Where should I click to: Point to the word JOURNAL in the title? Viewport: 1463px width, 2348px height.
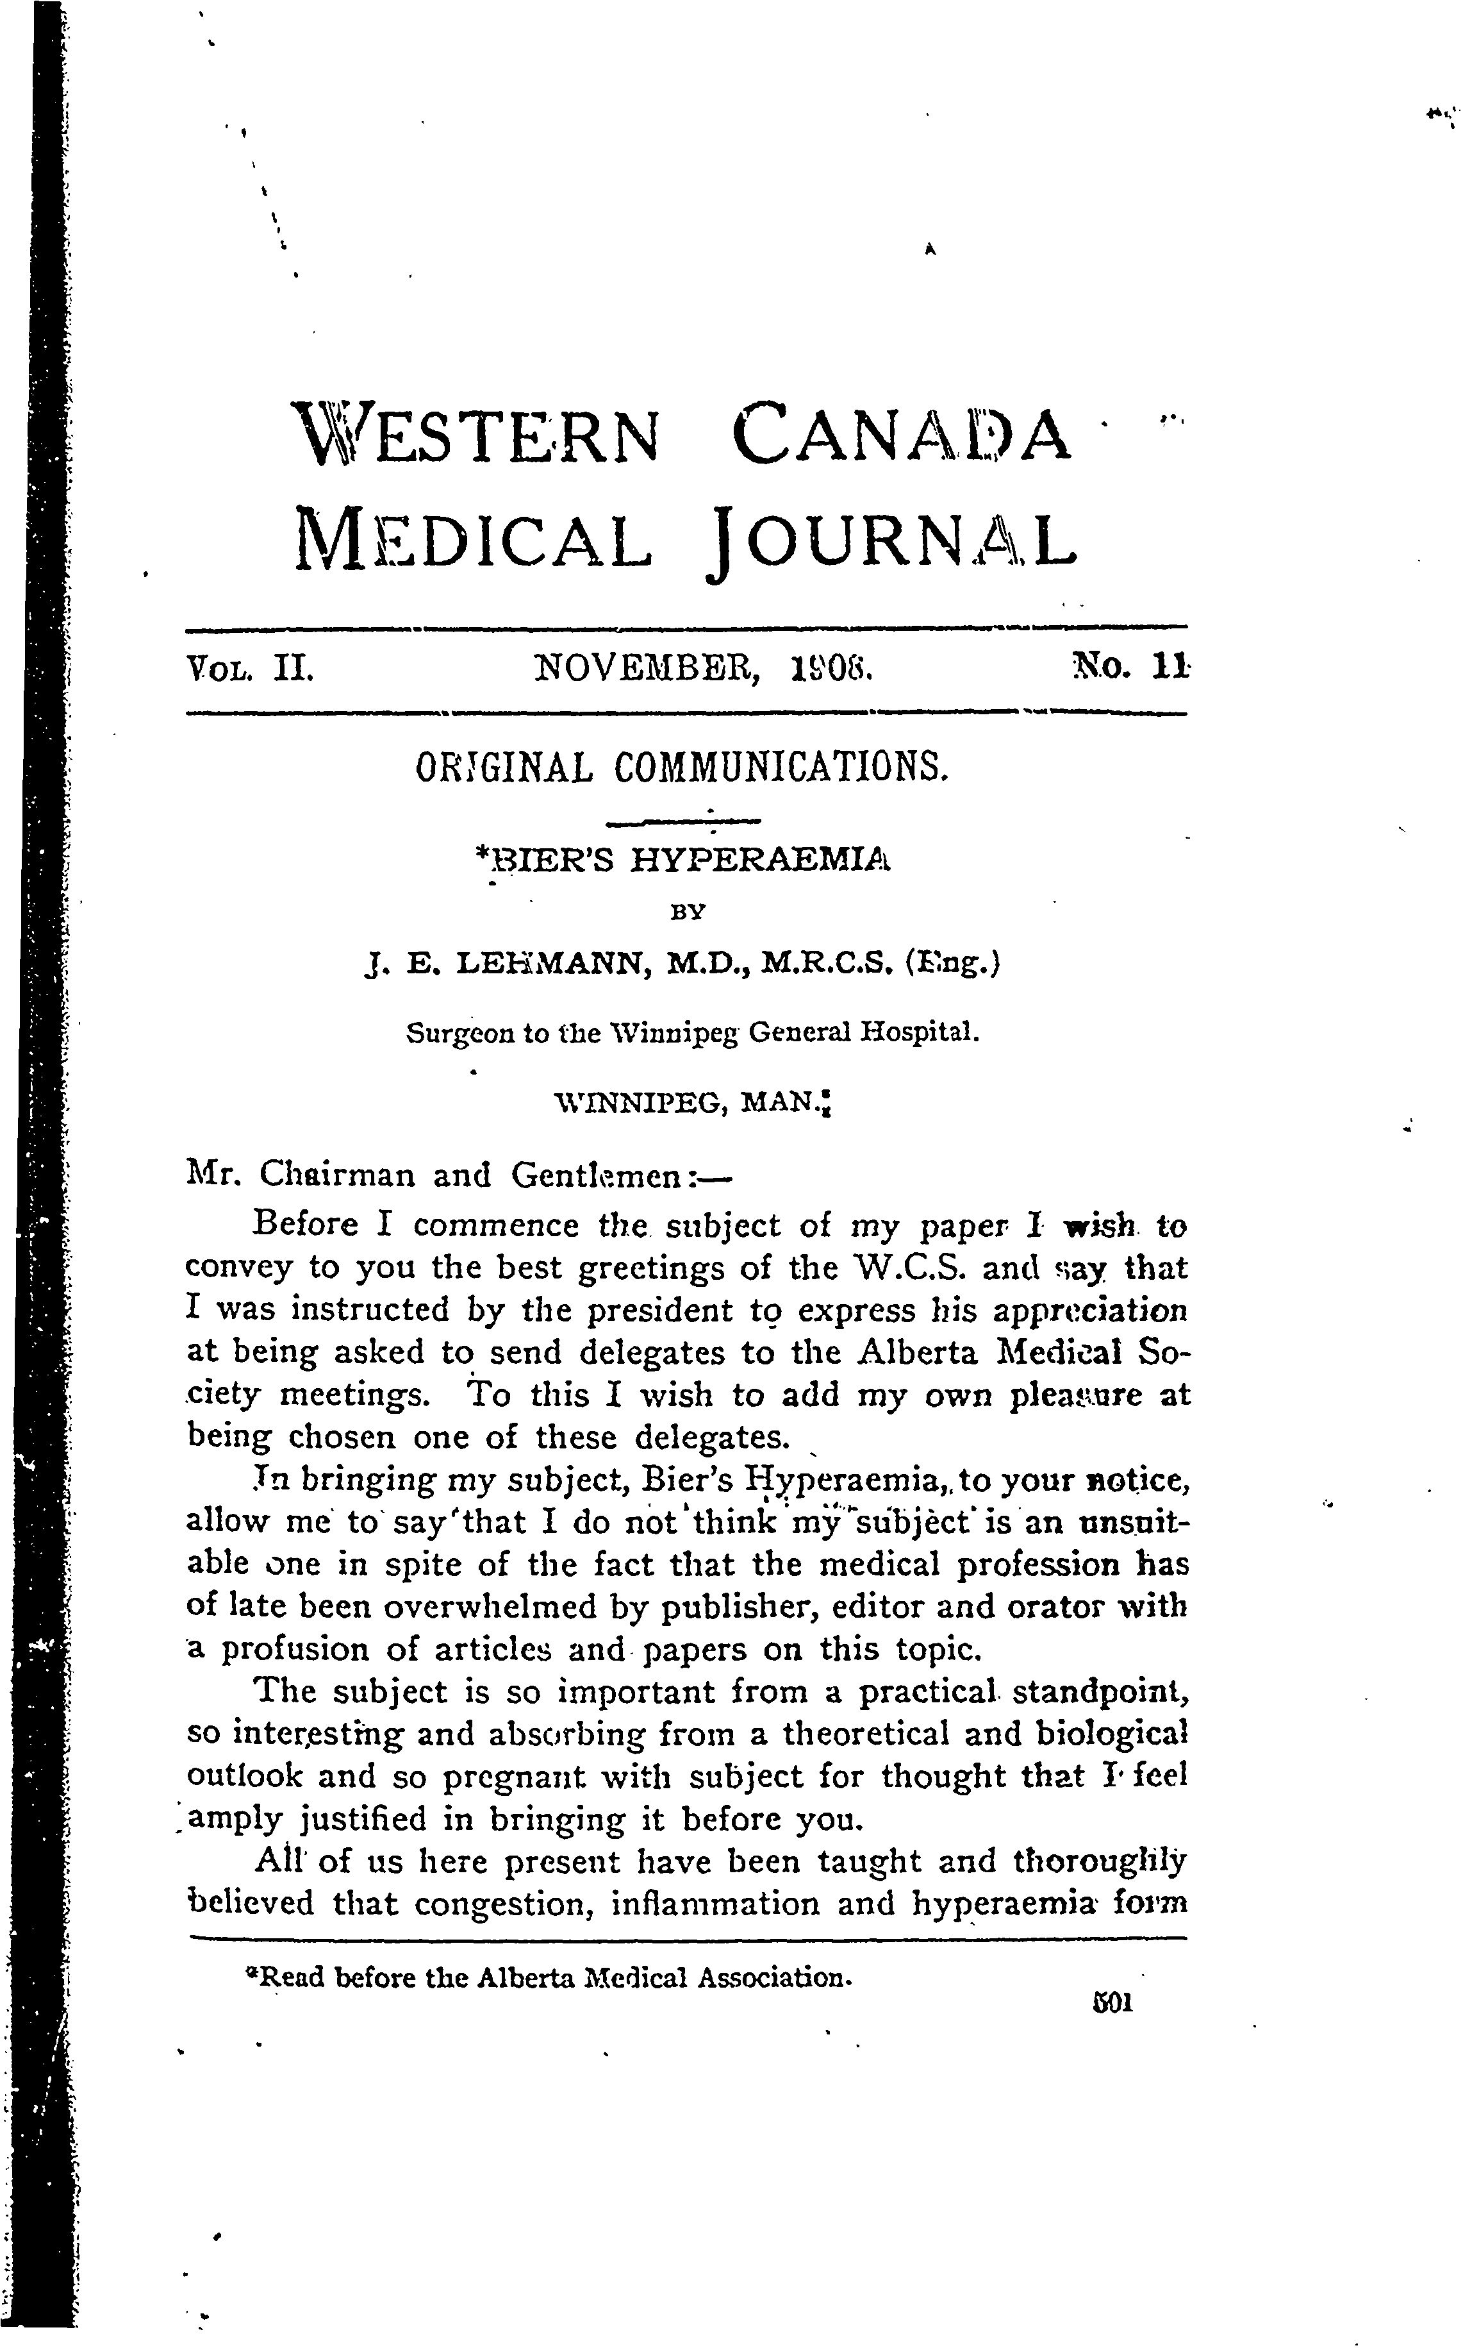click(x=891, y=538)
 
